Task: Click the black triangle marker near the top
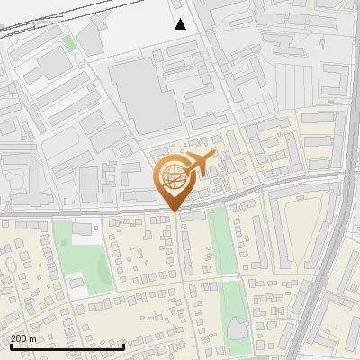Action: click(x=181, y=23)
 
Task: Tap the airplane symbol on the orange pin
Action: click(x=199, y=164)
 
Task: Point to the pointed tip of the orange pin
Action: click(x=175, y=212)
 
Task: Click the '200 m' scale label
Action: click(x=23, y=338)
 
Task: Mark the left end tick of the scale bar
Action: click(x=11, y=346)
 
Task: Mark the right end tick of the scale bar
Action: click(x=124, y=346)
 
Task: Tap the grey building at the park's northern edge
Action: click(x=83, y=229)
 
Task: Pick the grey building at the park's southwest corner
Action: click(x=76, y=284)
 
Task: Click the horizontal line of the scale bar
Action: click(x=67, y=346)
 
